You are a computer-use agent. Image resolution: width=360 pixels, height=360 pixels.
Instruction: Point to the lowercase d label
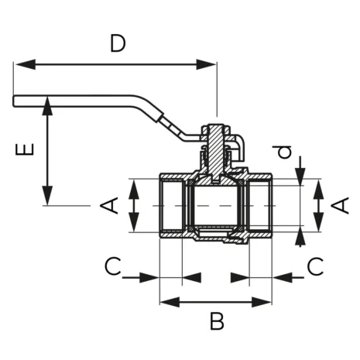click(x=286, y=153)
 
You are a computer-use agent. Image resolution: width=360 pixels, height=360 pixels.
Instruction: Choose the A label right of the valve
click(x=339, y=205)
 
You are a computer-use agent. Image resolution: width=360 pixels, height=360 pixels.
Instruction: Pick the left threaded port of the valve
click(x=170, y=206)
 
